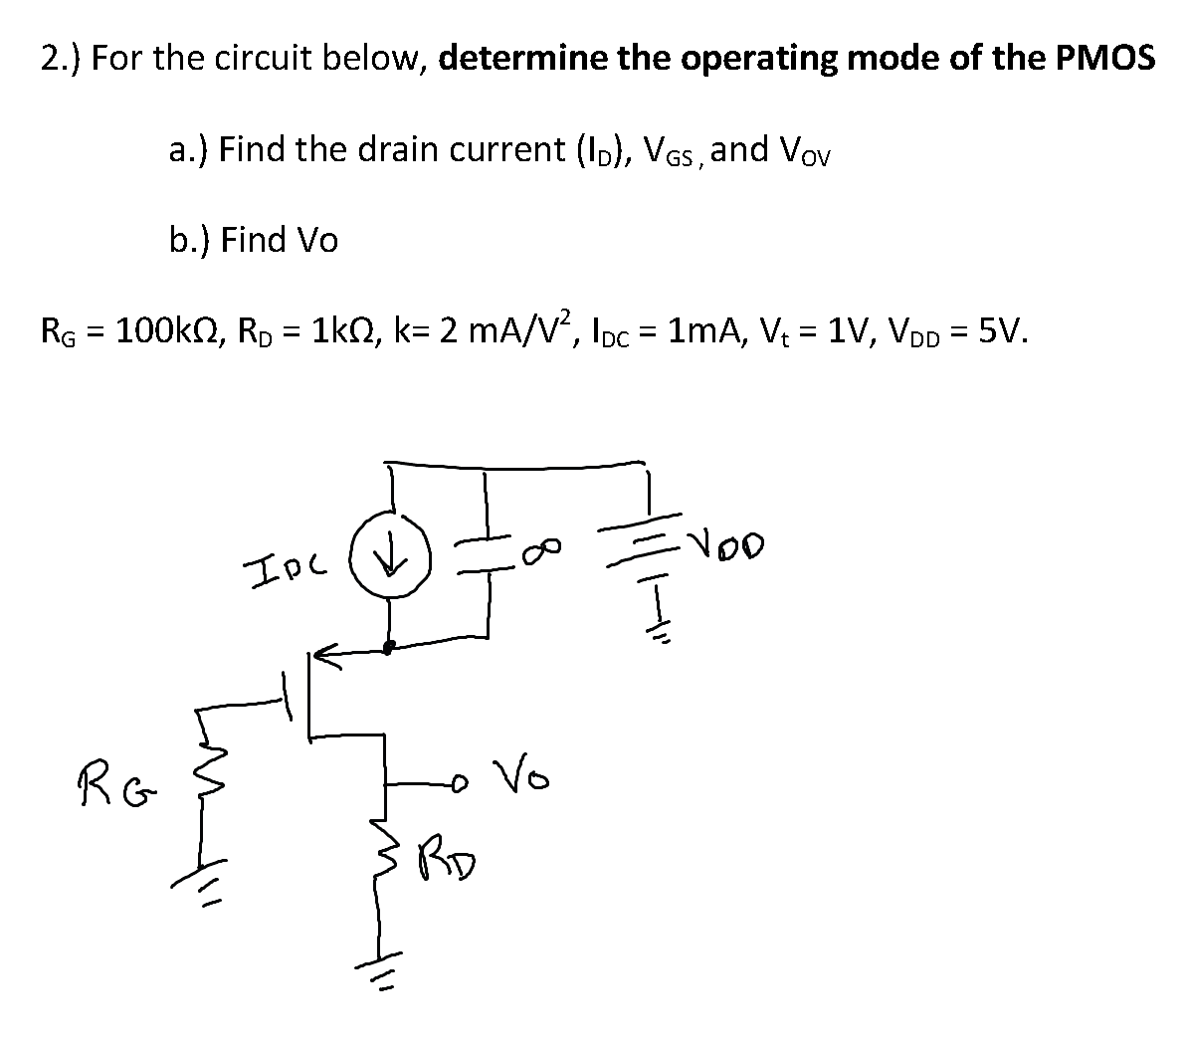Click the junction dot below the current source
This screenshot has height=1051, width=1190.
[x=391, y=646]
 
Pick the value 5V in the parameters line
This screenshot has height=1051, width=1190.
[x=1001, y=328]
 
